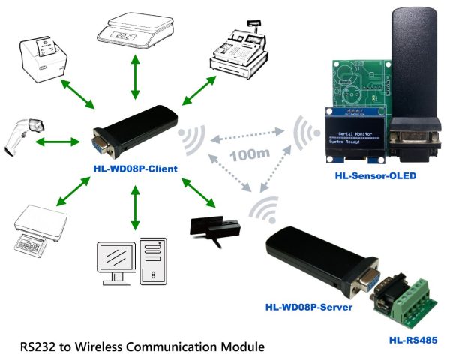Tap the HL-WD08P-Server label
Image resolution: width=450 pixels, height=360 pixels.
tap(309, 307)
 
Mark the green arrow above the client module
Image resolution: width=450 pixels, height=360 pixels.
tap(135, 76)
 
